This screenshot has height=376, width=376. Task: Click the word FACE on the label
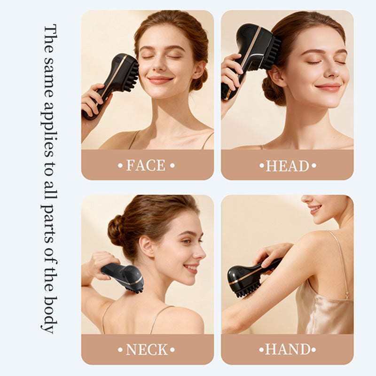[146, 165]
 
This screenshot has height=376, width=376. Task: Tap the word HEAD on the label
[288, 166]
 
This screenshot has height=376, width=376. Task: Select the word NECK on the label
[147, 350]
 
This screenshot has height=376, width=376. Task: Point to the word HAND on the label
[288, 349]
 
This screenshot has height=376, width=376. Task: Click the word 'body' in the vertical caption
[50, 314]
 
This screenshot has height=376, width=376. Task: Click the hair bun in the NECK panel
[116, 230]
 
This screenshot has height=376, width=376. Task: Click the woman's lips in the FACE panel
[160, 79]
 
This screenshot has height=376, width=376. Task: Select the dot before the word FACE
[120, 165]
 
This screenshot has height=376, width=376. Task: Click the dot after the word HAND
[313, 350]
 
